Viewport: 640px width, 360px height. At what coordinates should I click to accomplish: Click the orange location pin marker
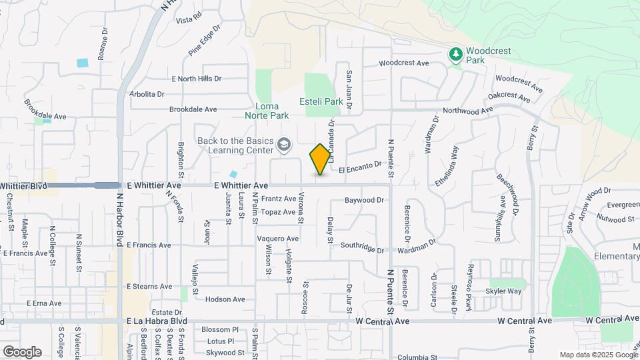click(320, 159)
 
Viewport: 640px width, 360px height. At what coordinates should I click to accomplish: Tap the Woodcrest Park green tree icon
click(455, 53)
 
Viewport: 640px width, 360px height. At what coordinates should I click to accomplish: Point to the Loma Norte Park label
click(272, 111)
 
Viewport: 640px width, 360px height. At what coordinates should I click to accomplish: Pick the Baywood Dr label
click(365, 200)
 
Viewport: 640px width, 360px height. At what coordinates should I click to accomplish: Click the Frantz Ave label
click(279, 199)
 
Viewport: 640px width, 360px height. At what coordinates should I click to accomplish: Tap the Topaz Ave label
click(278, 212)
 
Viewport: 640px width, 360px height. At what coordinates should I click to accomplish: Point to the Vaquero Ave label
click(278, 239)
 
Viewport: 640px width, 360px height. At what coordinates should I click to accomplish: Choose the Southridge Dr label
click(363, 248)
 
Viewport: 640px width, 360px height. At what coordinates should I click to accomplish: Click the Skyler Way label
click(504, 291)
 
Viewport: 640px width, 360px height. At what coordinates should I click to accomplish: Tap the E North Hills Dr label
click(196, 79)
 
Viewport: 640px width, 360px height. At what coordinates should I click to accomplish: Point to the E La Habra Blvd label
click(157, 321)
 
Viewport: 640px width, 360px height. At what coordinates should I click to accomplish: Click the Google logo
click(22, 351)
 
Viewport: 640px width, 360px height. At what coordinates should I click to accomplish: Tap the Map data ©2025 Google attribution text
click(598, 355)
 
